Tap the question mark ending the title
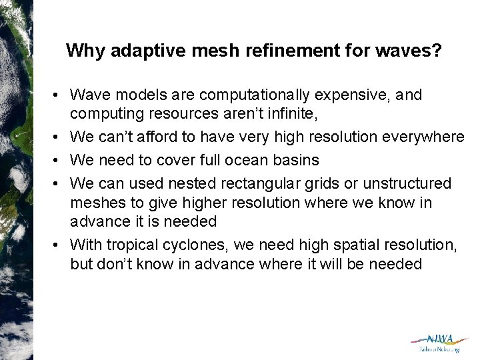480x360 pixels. tap(436, 51)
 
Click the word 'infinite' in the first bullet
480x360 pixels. tap(289, 115)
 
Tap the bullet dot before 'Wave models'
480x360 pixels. tap(60, 95)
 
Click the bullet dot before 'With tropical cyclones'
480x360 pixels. tap(60, 245)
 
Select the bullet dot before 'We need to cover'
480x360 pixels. tap(60, 160)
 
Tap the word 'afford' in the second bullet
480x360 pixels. tap(150, 137)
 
